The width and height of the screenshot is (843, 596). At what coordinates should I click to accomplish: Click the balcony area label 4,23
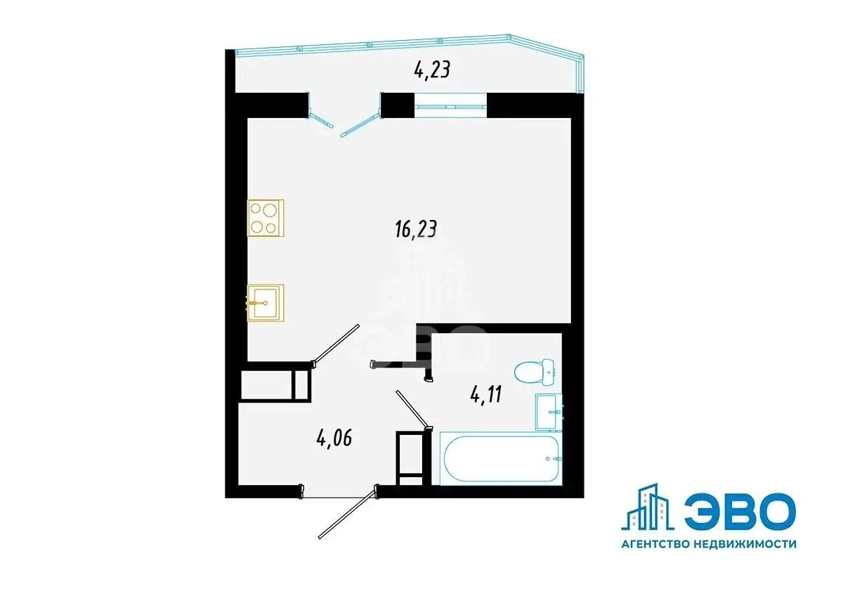(432, 70)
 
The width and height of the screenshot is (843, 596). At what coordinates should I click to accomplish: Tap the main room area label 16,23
(416, 229)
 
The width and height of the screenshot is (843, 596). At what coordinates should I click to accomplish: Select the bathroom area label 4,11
(486, 395)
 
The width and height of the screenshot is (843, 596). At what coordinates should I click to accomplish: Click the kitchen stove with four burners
(266, 218)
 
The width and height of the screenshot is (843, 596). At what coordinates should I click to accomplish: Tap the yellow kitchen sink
(266, 303)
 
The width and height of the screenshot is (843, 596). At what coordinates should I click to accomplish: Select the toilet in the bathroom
(535, 372)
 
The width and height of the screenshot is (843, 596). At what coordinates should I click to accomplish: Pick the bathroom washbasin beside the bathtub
(549, 412)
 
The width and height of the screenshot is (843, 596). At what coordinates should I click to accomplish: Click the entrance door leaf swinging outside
(347, 513)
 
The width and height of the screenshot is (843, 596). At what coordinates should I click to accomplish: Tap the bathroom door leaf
(414, 410)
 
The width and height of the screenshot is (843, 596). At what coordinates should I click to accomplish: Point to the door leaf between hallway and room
(335, 346)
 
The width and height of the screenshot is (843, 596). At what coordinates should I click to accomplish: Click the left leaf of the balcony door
(320, 120)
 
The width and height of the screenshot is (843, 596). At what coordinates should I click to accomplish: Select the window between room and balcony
(450, 107)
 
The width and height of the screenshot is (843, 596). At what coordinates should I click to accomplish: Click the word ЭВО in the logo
(740, 512)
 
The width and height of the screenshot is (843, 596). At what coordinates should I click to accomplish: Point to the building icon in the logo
(647, 507)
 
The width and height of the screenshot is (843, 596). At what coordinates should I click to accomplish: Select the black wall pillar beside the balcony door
(398, 105)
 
